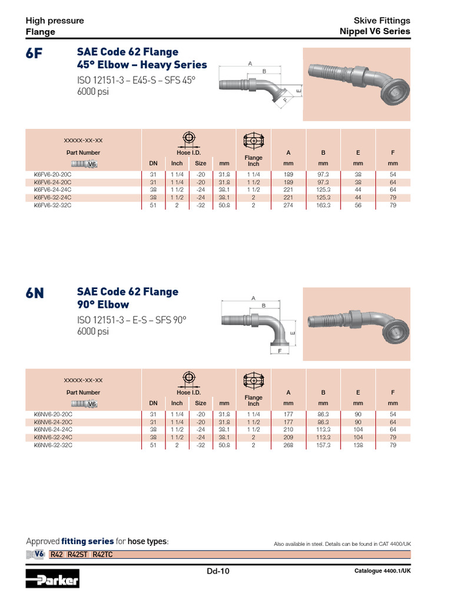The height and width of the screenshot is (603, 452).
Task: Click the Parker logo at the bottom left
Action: pos(52,579)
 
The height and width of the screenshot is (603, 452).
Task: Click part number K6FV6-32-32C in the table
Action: pos(53,206)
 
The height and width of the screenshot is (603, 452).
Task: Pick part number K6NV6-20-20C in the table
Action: pos(53,414)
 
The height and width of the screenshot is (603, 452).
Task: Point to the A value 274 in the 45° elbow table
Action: pos(288,206)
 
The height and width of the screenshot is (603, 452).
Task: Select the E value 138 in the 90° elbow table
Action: pos(358,445)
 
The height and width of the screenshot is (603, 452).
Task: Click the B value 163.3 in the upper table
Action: pos(323,206)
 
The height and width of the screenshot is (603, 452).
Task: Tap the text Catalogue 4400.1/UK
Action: pos(382,571)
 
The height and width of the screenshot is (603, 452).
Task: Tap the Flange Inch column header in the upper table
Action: pos(253,161)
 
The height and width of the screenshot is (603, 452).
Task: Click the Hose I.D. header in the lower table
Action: pos(188,392)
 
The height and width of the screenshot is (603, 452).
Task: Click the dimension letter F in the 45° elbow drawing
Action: pos(285,100)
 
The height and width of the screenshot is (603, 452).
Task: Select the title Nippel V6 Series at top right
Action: pos(375,32)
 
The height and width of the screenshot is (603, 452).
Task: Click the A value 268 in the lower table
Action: pos(288,445)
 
